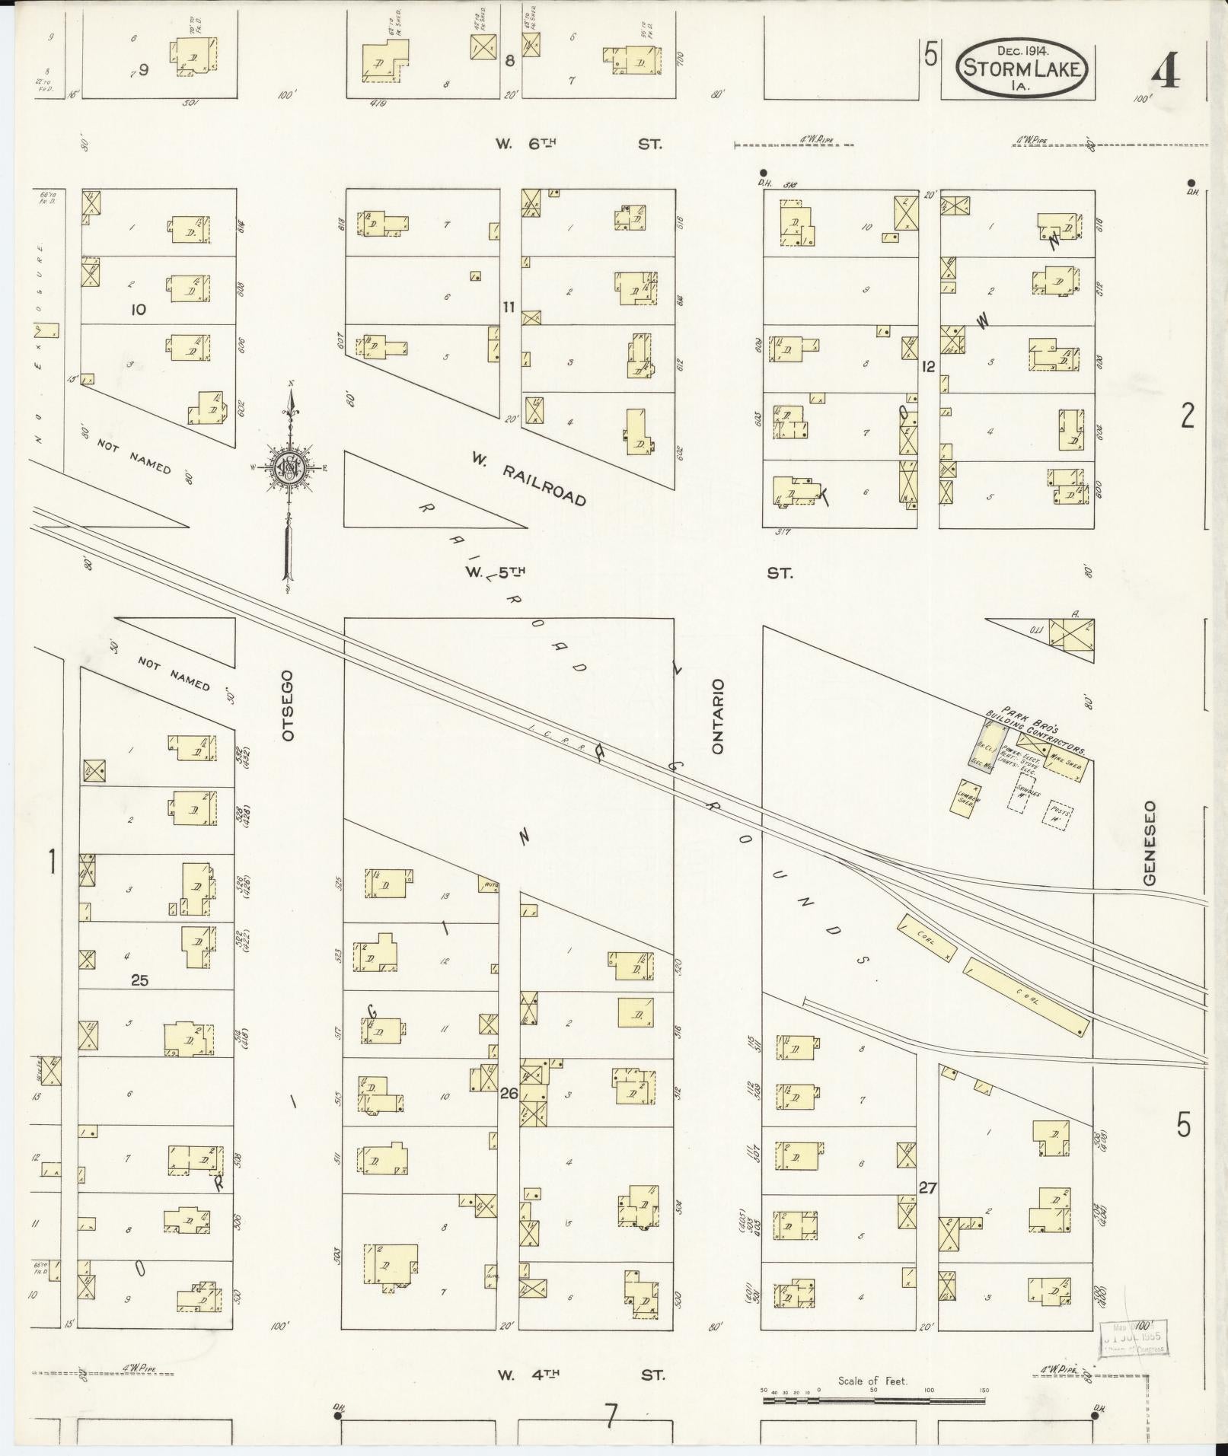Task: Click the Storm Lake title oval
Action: point(1022,68)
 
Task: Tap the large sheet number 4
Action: point(1165,73)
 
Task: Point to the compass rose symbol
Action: point(290,467)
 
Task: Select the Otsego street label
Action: point(287,706)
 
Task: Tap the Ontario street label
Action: point(717,716)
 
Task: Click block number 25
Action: point(139,980)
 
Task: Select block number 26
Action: point(509,1094)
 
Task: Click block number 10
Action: point(138,310)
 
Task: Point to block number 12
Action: point(927,366)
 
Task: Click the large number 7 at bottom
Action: point(610,1414)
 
